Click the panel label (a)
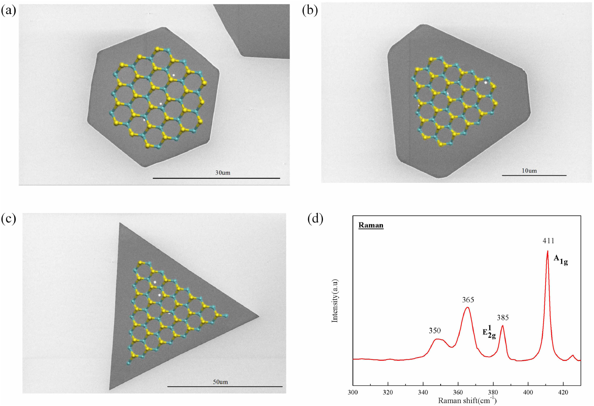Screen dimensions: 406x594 click(9, 10)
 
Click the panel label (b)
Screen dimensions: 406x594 click(310, 10)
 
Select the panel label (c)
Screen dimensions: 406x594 click(9, 219)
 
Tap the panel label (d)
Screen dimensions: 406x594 click(315, 219)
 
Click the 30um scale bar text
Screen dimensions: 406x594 click(223, 173)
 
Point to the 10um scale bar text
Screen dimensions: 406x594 click(529, 171)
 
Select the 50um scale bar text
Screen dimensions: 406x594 click(220, 382)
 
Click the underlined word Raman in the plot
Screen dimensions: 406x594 click(371, 225)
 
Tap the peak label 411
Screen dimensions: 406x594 click(548, 241)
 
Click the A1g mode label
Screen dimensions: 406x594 click(561, 260)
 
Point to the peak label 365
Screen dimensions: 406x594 click(468, 300)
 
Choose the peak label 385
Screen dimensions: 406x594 click(503, 318)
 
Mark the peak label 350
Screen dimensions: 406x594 click(435, 331)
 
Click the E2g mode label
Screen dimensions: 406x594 click(489, 332)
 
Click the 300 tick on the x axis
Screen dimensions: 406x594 click(353, 392)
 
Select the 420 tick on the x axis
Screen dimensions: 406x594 click(563, 392)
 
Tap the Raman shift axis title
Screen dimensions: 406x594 click(467, 400)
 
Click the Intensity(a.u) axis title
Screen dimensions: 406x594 click(335, 301)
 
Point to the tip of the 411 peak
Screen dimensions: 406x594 click(547, 251)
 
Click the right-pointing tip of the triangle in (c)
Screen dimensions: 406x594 click(258, 317)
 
